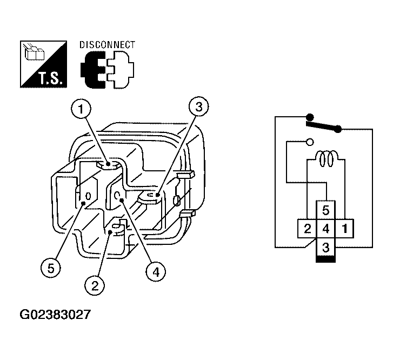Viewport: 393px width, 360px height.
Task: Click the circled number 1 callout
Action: [x=81, y=109]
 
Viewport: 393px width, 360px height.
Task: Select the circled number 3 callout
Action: [x=198, y=107]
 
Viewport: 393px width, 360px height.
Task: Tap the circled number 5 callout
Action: [x=51, y=268]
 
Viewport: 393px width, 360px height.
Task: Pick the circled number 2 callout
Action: [x=95, y=285]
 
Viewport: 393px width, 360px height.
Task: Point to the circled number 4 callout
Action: [x=156, y=272]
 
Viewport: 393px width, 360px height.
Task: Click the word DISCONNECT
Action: [x=107, y=45]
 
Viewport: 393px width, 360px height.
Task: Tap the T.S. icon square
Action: [x=43, y=64]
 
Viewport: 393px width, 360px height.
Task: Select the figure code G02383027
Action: [x=55, y=315]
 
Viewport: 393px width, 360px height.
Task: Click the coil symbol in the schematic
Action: [x=326, y=158]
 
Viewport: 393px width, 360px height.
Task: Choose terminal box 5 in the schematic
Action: [x=325, y=210]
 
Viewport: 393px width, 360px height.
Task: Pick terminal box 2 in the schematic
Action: [x=307, y=229]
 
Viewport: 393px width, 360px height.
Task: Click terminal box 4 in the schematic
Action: [x=325, y=229]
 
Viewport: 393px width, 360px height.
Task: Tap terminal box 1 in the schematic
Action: [x=344, y=229]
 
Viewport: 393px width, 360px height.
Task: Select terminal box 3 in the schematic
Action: [x=325, y=247]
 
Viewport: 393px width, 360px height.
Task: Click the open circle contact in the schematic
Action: [x=310, y=142]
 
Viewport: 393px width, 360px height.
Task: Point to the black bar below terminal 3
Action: [x=325, y=259]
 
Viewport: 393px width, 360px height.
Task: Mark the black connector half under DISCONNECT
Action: [x=93, y=70]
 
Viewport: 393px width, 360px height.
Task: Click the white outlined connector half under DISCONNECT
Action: [x=121, y=70]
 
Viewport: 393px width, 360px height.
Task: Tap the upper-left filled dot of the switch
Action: [x=310, y=117]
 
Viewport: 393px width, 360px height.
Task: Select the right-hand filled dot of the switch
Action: [x=338, y=129]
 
